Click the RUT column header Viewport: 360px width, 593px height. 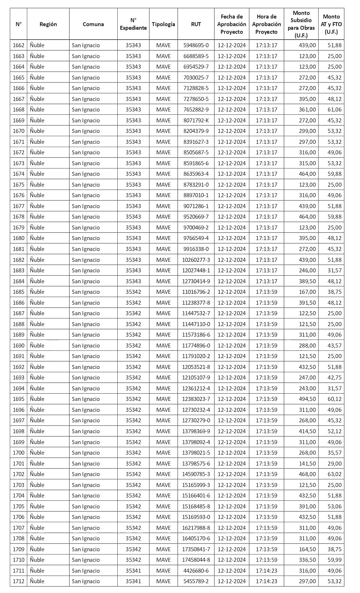(x=196, y=24)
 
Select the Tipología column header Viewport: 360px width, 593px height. (x=163, y=24)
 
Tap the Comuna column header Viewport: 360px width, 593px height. (x=93, y=24)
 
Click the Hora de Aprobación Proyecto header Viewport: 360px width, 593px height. (x=267, y=24)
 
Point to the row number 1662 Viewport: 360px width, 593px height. (x=19, y=45)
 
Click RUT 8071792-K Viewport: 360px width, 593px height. (x=196, y=121)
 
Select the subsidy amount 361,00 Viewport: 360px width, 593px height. (x=307, y=110)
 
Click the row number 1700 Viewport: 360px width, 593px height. (x=19, y=453)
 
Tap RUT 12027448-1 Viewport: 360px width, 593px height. (x=196, y=271)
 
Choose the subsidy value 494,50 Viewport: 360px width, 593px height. (x=307, y=399)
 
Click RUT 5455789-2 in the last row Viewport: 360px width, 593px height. (x=196, y=581)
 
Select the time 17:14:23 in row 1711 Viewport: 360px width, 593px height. (x=267, y=571)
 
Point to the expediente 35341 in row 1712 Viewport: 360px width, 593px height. (x=133, y=581)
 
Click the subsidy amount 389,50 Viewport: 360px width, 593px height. (x=307, y=281)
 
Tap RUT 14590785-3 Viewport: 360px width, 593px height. (x=196, y=474)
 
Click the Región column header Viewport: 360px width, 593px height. (x=48, y=24)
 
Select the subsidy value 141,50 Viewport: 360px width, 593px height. (x=307, y=464)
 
